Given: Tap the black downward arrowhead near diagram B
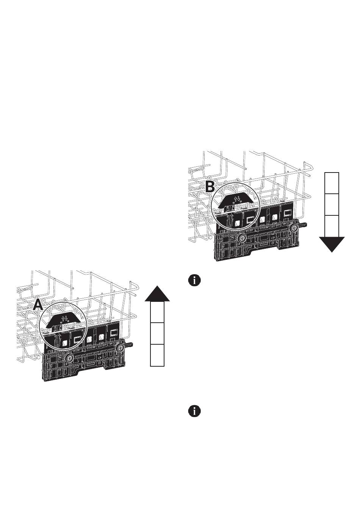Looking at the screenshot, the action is pos(332,244).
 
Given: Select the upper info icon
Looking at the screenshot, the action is pos(194,281).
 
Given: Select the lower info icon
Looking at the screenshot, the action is pos(194,411).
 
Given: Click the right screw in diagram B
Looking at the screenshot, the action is pos(294,229).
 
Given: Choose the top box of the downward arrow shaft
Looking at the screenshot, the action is pos(332,183).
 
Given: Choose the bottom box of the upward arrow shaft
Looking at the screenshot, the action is pos(157,355).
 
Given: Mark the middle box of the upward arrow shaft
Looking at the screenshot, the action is pos(157,334).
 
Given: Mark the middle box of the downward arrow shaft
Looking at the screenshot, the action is pos(332,205).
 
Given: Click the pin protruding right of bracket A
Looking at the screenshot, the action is pos(130,345).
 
